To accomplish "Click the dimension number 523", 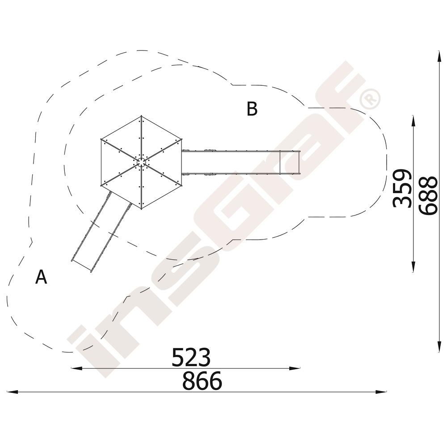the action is click(x=191, y=357).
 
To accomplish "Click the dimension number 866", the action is click(x=202, y=380).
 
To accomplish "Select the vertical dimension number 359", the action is click(x=402, y=188).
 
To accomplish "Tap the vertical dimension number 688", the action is click(x=428, y=196).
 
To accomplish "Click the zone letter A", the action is click(x=41, y=277).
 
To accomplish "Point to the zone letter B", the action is click(x=252, y=109).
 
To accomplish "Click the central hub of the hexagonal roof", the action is click(x=141, y=162).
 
